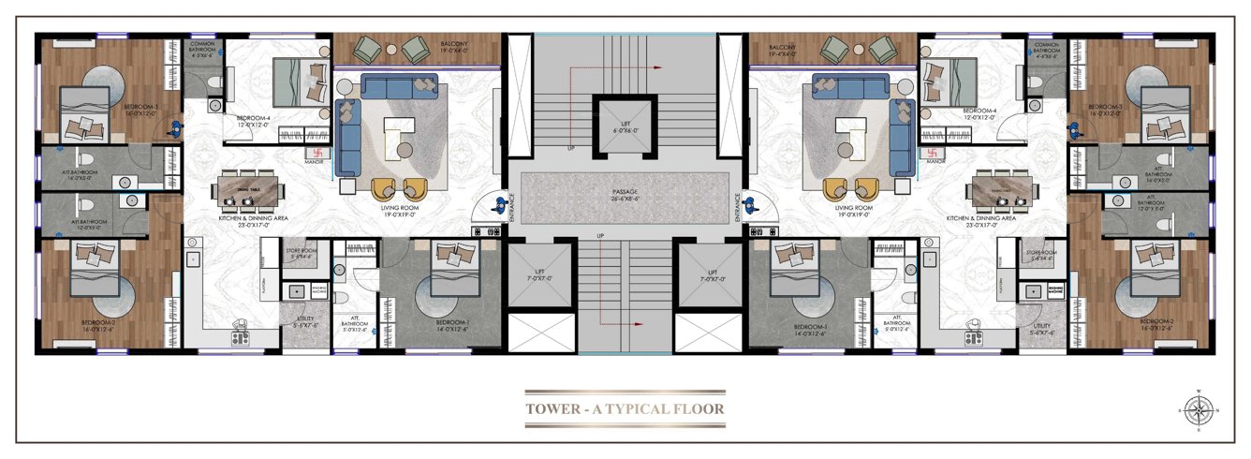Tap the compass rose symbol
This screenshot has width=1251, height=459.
click(1198, 409)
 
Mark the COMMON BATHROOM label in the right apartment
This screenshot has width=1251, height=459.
click(1047, 48)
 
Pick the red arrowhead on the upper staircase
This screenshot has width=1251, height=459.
click(659, 67)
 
